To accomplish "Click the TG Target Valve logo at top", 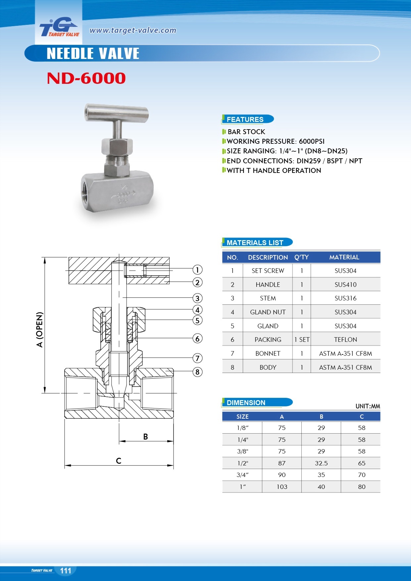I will (59, 27).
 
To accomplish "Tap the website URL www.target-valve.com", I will (133, 30).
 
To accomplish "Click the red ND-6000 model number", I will (86, 79).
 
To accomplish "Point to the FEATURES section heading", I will (245, 119).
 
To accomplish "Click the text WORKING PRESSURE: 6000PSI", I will (276, 141).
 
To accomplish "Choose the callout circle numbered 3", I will (197, 298).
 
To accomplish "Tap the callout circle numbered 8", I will (197, 372).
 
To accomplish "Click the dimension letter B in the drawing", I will (145, 437).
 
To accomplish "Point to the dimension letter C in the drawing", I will (119, 461).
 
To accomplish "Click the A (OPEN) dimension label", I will (40, 329).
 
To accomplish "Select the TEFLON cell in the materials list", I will (345, 340).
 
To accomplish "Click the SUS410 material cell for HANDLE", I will (345, 285).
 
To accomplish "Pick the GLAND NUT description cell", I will (268, 312).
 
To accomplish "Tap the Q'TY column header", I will (301, 257).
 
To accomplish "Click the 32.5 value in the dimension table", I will (321, 463).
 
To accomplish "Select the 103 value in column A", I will (282, 487).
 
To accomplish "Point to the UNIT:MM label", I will (368, 406).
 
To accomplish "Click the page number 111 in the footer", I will (66, 570).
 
